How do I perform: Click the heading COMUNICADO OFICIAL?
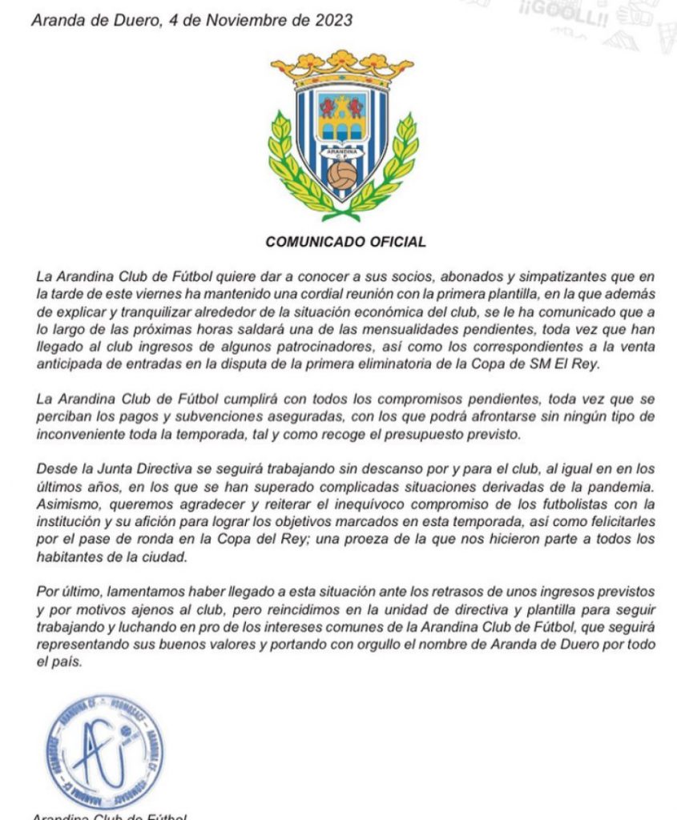345,241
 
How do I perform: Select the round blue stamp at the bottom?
105,750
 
